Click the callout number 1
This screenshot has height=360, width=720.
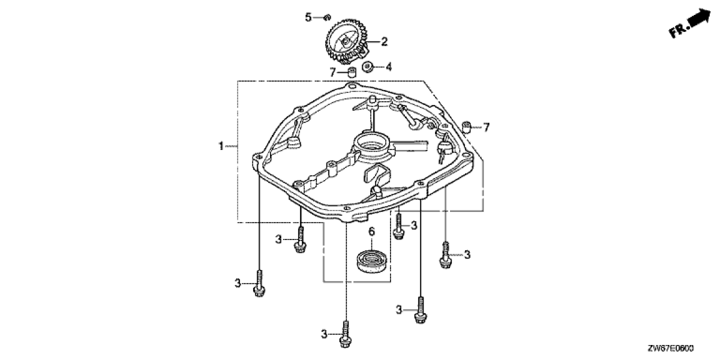221,146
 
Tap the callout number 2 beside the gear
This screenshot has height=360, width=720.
384,41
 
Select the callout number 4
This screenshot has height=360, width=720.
389,67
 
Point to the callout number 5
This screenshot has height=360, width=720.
308,17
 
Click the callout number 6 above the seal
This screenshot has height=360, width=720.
371,232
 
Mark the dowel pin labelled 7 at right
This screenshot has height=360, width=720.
467,127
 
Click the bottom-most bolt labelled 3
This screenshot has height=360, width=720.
346,334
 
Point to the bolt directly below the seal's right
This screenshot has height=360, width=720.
421,310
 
